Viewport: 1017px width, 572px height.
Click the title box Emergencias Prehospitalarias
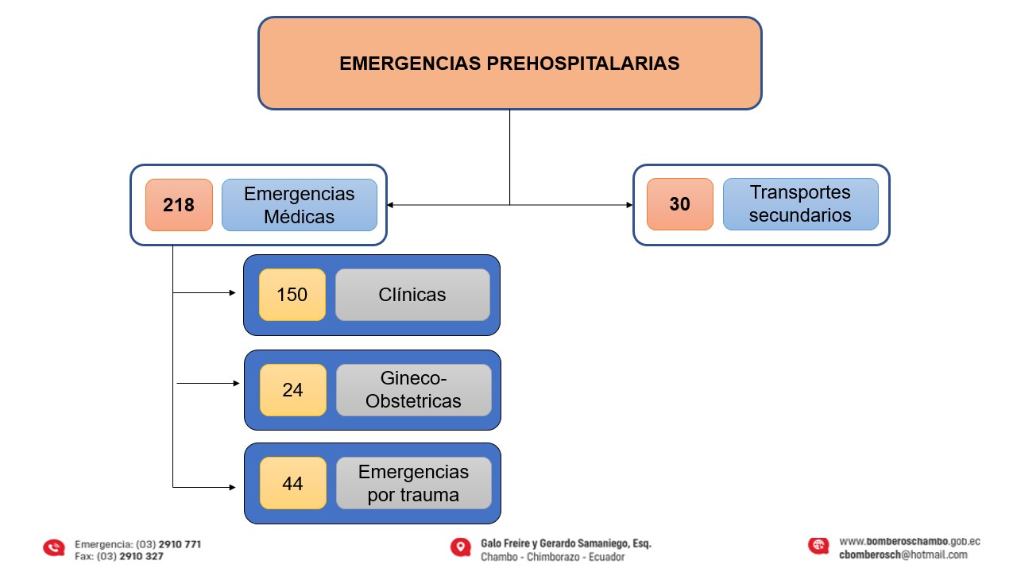pos(509,63)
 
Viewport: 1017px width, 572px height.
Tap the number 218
pos(179,205)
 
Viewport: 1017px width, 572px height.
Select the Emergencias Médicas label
pos(300,205)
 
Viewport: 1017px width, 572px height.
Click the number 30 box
pos(680,204)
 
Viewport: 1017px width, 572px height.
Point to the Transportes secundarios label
pos(800,204)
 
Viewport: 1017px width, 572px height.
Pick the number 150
pos(292,295)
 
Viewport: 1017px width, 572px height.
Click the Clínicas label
pos(412,295)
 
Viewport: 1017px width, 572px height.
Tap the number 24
pos(292,390)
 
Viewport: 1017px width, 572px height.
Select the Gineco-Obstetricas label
pos(413,390)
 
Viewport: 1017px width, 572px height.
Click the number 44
pos(292,483)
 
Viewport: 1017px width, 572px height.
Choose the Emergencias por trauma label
pos(413,483)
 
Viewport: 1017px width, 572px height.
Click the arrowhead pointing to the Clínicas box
pos(233,292)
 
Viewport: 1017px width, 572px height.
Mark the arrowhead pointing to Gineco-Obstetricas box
pos(236,383)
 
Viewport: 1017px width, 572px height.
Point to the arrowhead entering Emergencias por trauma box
pos(233,486)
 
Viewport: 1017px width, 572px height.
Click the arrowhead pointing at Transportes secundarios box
pos(629,205)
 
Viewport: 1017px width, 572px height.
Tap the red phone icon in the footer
pos(54,547)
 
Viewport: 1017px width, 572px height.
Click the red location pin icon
pos(459,547)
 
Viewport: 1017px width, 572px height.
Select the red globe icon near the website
pos(818,546)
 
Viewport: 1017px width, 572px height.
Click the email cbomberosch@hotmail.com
pos(903,555)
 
